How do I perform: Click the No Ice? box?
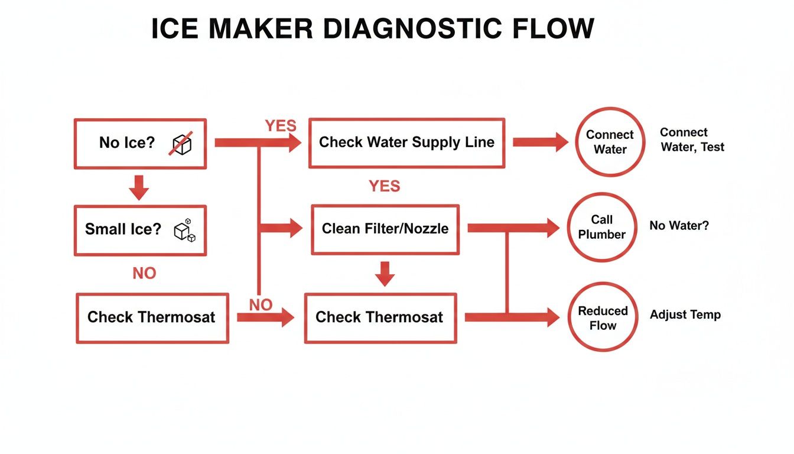(139, 142)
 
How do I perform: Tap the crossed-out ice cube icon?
(181, 144)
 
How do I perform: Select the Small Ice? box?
(139, 230)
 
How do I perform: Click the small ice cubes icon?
(184, 231)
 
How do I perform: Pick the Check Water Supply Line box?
(406, 142)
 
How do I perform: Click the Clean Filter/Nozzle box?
(385, 229)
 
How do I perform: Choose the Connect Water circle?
(610, 142)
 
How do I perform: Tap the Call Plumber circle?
(601, 227)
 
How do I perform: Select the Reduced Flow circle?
(603, 317)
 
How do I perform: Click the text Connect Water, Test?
(692, 140)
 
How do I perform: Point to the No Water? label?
(679, 225)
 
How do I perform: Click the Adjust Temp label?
(685, 314)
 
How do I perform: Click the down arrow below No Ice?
(139, 186)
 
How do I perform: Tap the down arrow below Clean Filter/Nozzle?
(385, 274)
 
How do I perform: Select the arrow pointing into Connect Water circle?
(540, 142)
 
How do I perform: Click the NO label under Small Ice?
(144, 273)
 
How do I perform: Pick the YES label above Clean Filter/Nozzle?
(384, 186)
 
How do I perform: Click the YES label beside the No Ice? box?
(281, 126)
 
